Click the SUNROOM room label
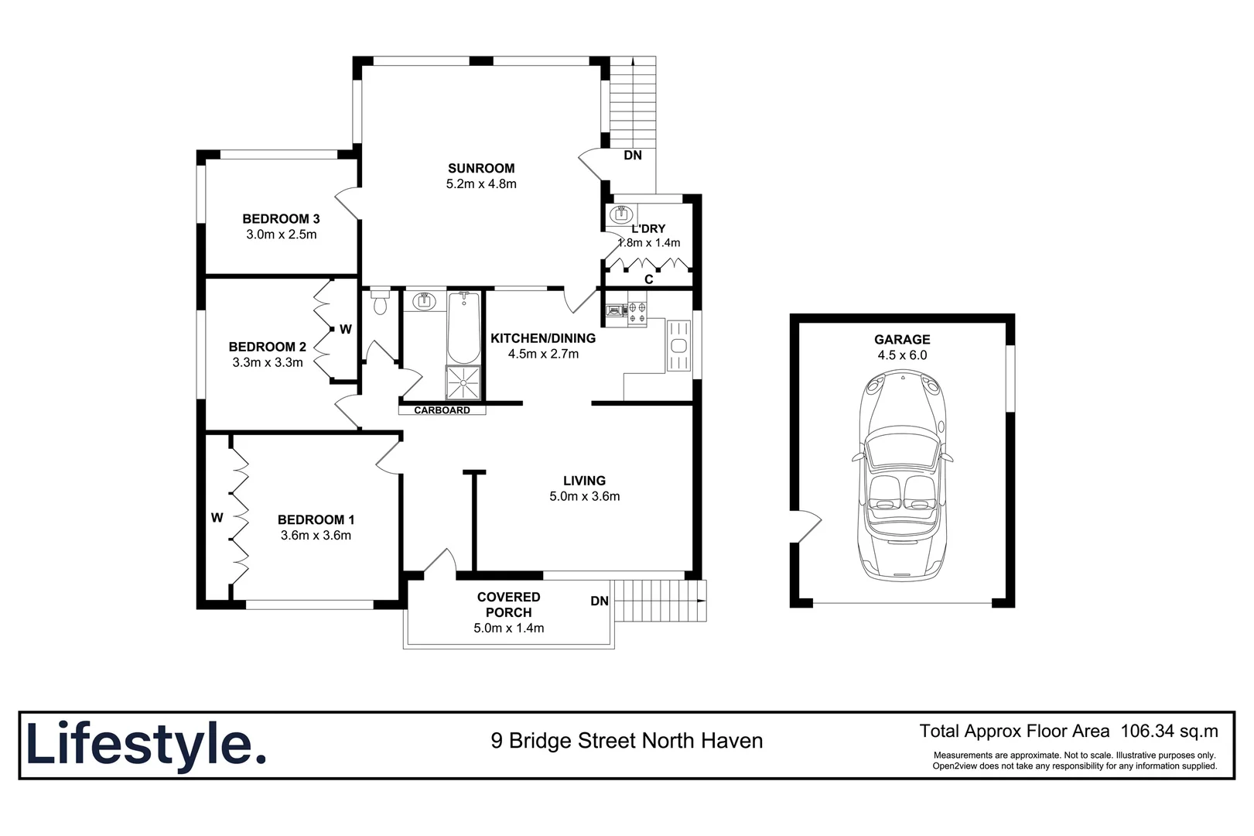click(x=480, y=168)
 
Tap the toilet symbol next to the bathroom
click(x=379, y=303)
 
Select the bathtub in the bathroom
click(x=463, y=328)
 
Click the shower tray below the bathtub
click(x=463, y=382)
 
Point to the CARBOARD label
click(x=442, y=410)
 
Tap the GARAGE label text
click(x=902, y=339)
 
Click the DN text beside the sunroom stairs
click(x=633, y=156)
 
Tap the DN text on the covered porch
click(x=600, y=601)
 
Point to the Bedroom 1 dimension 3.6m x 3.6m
click(x=316, y=536)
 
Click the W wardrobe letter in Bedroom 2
click(x=346, y=330)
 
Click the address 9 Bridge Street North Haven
click(x=627, y=742)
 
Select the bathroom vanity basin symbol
click(x=425, y=301)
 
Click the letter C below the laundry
click(x=648, y=279)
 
